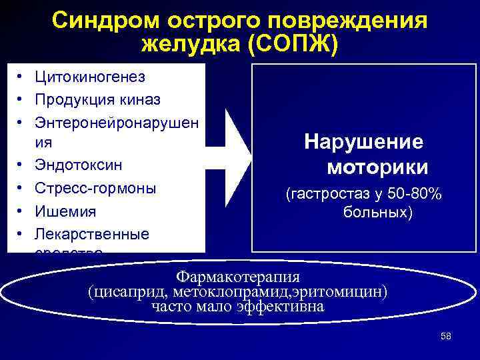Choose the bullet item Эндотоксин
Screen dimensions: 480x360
[78, 164]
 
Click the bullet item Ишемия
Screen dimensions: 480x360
[65, 211]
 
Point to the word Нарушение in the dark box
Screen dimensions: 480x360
[363, 141]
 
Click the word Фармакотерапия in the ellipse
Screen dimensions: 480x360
[237, 276]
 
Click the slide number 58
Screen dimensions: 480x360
[446, 336]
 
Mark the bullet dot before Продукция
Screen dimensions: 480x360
[23, 100]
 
